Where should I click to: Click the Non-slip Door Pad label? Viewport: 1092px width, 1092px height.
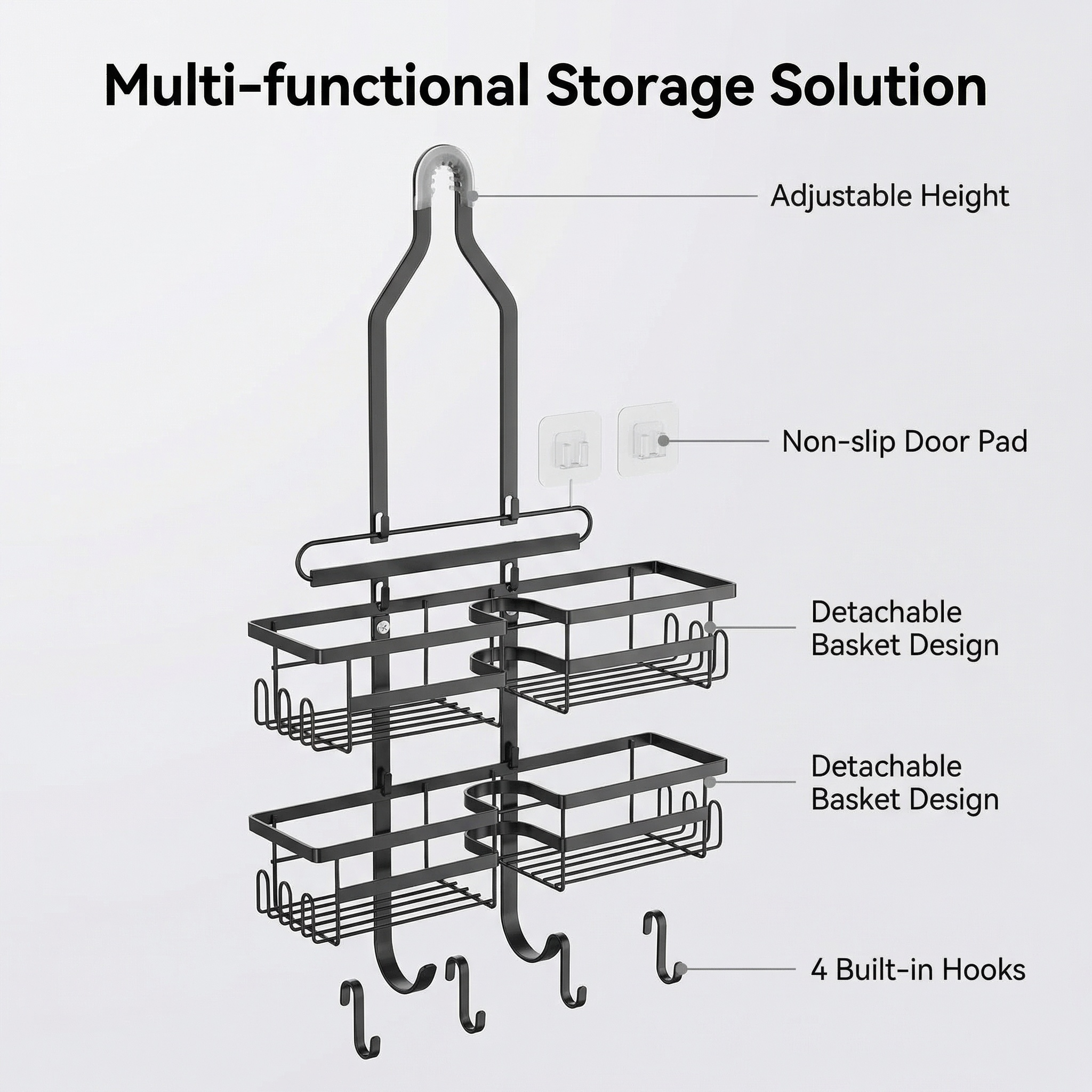click(x=904, y=441)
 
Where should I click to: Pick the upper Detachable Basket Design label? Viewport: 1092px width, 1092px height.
click(x=905, y=629)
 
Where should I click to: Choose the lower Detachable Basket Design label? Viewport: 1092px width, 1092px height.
click(x=905, y=783)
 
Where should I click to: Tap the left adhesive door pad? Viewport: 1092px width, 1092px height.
click(x=570, y=448)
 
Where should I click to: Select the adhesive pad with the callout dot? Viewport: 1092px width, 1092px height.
click(x=648, y=440)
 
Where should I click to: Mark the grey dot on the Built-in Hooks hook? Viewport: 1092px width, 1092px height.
click(x=681, y=969)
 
